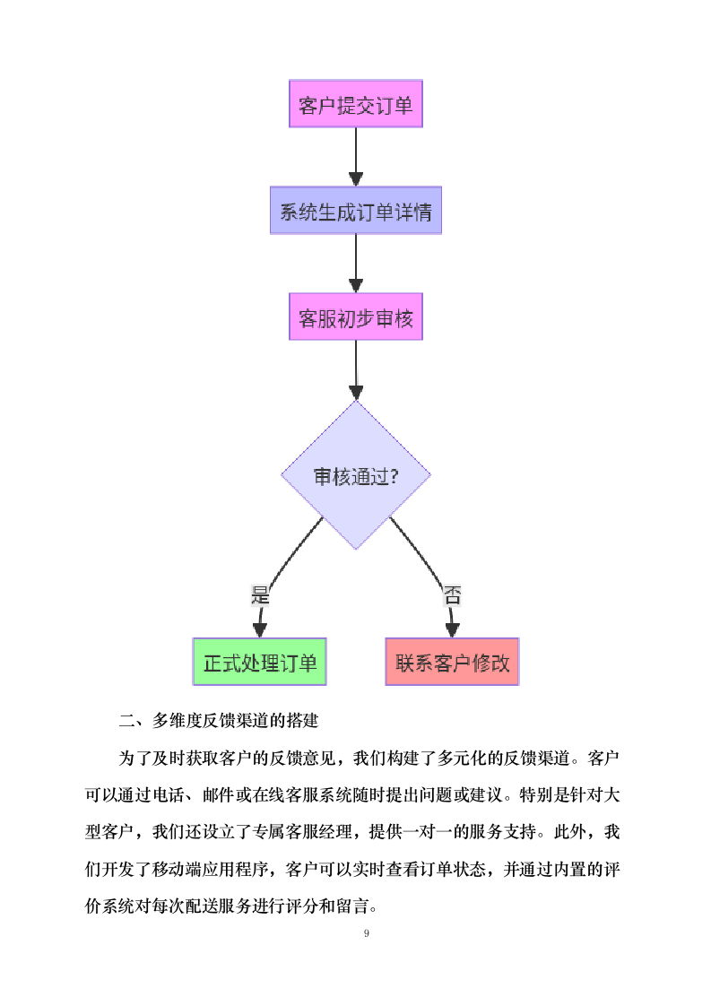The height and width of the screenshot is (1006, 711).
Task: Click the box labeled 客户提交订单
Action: click(x=355, y=104)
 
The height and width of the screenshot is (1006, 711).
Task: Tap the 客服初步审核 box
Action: click(x=355, y=317)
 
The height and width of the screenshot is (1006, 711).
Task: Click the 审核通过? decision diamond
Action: click(x=355, y=475)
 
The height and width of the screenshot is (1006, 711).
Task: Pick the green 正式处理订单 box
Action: click(x=259, y=662)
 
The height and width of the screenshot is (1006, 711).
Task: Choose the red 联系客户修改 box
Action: click(x=452, y=662)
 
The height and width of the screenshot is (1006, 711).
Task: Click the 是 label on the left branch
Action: click(x=260, y=594)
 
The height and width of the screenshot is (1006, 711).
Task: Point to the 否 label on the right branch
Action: click(x=452, y=594)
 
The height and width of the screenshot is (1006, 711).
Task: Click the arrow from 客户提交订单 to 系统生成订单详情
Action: click(x=355, y=157)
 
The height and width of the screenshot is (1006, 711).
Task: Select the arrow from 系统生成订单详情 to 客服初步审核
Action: click(x=355, y=263)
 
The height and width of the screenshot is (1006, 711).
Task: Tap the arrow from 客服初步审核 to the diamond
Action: click(x=355, y=369)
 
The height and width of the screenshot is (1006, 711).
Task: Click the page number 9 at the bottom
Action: click(x=366, y=933)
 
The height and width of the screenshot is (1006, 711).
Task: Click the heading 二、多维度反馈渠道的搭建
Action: click(x=220, y=720)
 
